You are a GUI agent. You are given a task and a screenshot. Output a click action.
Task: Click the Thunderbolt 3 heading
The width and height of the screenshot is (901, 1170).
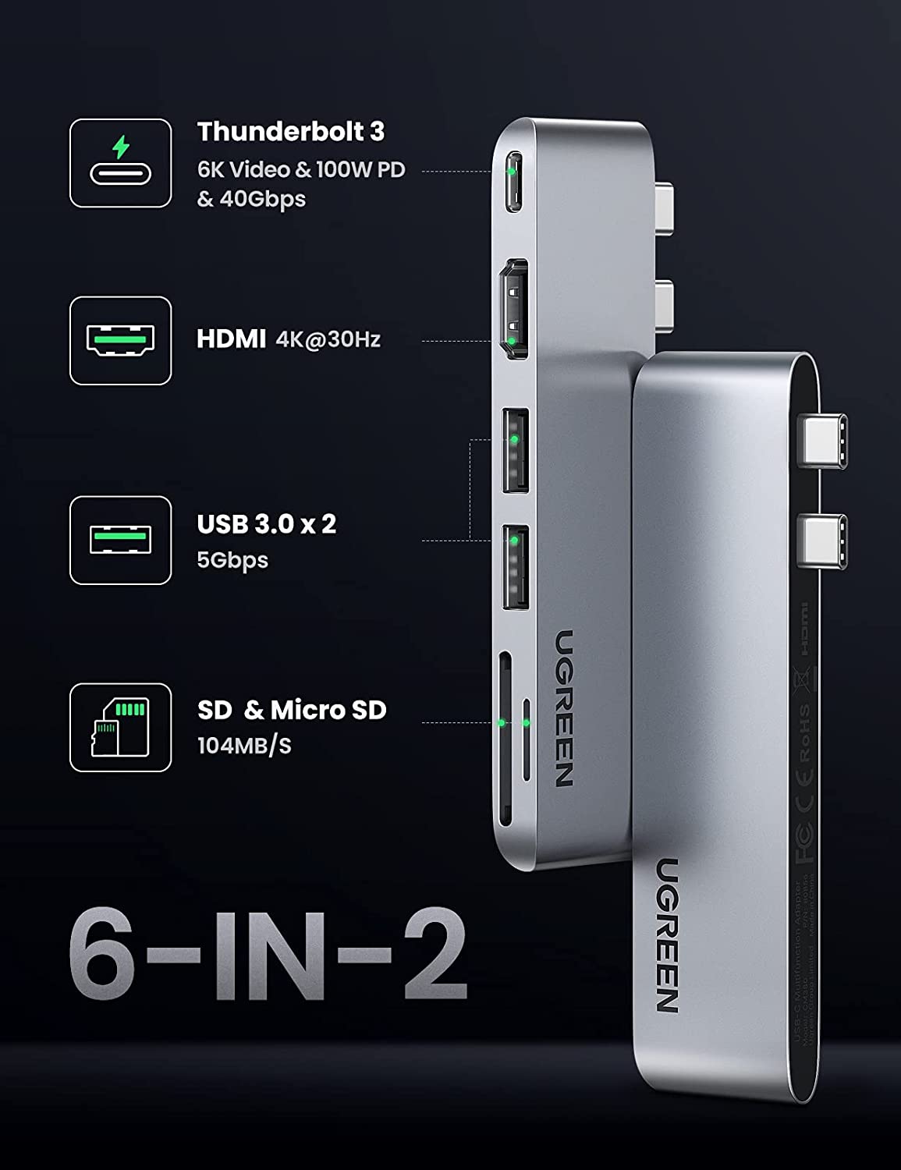click(x=290, y=132)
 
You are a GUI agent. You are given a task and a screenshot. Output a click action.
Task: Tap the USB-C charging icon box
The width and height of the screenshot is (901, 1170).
click(x=120, y=163)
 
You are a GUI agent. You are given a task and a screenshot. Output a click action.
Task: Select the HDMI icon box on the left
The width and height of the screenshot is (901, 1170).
click(x=120, y=340)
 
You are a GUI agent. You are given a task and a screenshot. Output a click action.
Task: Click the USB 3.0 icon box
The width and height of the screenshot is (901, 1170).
click(x=120, y=540)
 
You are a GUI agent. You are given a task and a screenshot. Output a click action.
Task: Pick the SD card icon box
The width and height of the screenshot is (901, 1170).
click(x=120, y=728)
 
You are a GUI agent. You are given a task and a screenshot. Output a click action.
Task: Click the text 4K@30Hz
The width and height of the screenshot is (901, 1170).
click(x=328, y=339)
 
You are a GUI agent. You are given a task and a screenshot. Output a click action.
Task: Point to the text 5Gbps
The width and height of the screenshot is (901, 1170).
click(x=232, y=560)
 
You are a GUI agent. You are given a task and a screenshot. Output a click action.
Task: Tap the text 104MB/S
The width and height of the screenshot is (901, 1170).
click(x=244, y=746)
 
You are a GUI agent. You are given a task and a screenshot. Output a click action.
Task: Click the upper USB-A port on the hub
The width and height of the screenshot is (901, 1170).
click(x=515, y=450)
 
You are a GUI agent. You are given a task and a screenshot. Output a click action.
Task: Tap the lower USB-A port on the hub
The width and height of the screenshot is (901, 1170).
click(x=515, y=567)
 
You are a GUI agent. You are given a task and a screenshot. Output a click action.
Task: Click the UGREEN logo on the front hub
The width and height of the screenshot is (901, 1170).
click(x=666, y=935)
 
